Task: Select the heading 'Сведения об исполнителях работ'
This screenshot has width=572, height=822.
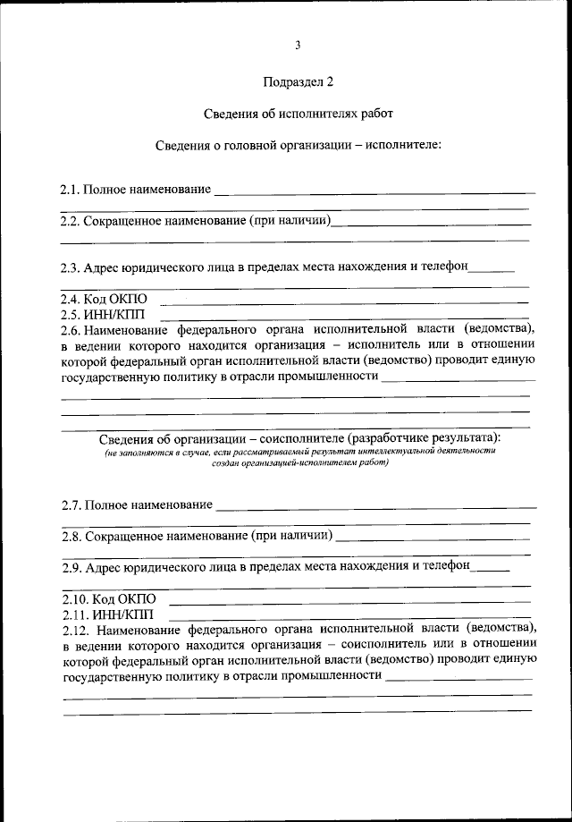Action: (298, 114)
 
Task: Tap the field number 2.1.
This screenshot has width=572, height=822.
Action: (71, 190)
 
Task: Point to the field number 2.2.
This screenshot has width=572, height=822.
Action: (71, 220)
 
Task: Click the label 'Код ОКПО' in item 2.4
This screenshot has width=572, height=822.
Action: (116, 299)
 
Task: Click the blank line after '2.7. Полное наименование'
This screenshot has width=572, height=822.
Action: (375, 506)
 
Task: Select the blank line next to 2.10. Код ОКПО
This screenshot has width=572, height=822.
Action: (349, 600)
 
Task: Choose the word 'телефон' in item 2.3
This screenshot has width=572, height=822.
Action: (441, 267)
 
